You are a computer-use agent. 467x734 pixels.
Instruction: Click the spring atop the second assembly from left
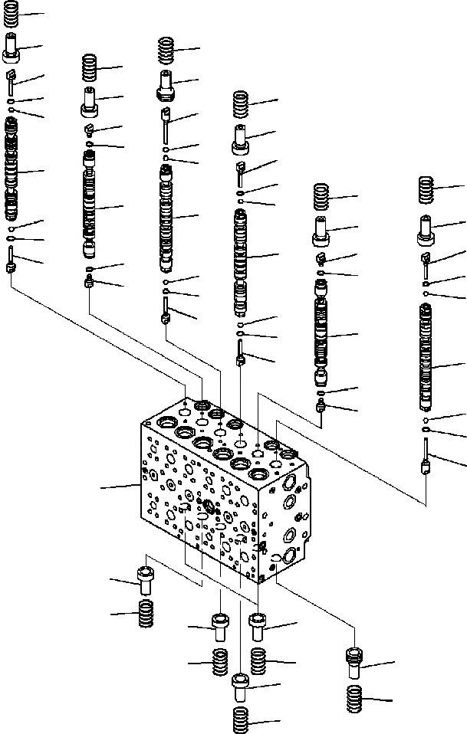click(x=90, y=69)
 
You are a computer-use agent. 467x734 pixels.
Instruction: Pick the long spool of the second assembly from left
click(x=90, y=205)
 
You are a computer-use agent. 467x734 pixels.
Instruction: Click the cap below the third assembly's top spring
click(x=166, y=83)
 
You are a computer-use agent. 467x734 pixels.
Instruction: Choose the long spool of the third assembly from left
click(x=166, y=218)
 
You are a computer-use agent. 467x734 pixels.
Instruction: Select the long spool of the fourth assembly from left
click(x=241, y=261)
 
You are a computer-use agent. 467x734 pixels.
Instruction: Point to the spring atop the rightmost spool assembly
click(x=426, y=188)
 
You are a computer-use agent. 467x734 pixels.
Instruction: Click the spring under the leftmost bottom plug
click(x=145, y=613)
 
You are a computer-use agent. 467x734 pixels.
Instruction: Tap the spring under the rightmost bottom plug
click(x=355, y=699)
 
